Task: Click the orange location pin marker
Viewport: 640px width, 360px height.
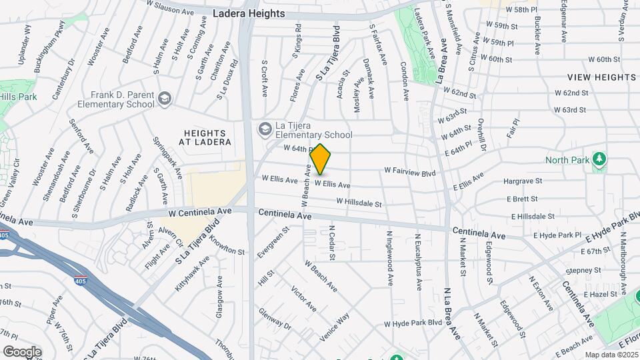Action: (x=321, y=159)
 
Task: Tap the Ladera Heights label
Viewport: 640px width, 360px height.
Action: (x=249, y=13)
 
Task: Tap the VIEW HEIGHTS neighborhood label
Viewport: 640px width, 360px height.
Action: (x=602, y=77)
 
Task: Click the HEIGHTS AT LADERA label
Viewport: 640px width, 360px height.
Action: (x=208, y=137)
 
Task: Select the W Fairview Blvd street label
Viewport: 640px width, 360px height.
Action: (x=409, y=172)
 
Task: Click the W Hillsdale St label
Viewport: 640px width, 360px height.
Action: (x=359, y=201)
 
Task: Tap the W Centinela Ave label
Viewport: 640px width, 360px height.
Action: (x=199, y=211)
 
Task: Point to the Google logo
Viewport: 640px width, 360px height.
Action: (x=22, y=351)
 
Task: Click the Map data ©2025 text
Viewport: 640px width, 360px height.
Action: (x=611, y=355)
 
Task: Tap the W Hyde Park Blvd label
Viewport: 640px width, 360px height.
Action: (x=413, y=323)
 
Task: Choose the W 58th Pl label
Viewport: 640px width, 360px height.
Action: (x=522, y=10)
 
